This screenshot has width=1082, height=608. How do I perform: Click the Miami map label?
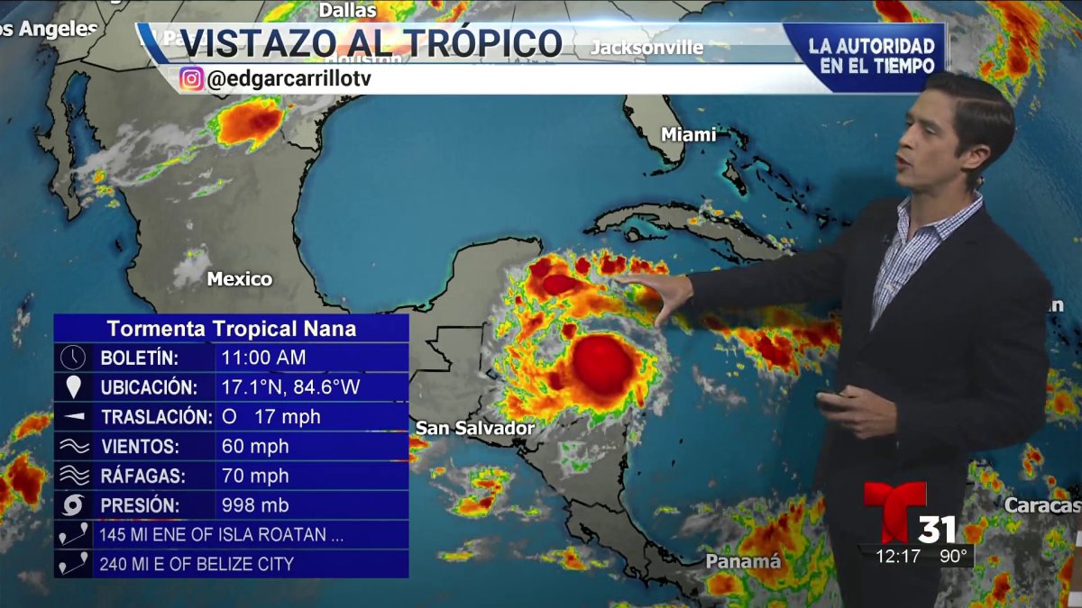pyautogui.click(x=688, y=134)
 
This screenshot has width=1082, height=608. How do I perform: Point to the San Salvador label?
pyautogui.click(x=475, y=428)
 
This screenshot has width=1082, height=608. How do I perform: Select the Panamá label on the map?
pyautogui.click(x=743, y=561)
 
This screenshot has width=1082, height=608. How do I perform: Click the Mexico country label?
pyautogui.click(x=240, y=278)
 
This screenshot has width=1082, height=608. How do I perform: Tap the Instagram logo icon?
pyautogui.click(x=191, y=79)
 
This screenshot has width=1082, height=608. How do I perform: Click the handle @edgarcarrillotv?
pyautogui.click(x=289, y=79)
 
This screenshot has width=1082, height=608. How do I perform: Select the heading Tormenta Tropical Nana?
pyautogui.click(x=231, y=329)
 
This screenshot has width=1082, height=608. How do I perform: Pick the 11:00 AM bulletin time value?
pyautogui.click(x=264, y=358)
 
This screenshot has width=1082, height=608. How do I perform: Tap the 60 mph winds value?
pyautogui.click(x=255, y=446)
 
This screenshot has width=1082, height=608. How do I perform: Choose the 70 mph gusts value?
pyautogui.click(x=255, y=476)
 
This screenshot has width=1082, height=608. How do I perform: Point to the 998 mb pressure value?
pyautogui.click(x=256, y=505)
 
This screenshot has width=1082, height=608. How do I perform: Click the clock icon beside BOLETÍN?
pyautogui.click(x=73, y=358)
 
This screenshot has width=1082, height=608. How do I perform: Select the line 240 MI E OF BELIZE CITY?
pyautogui.click(x=197, y=564)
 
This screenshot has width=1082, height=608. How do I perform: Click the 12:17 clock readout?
pyautogui.click(x=898, y=556)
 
